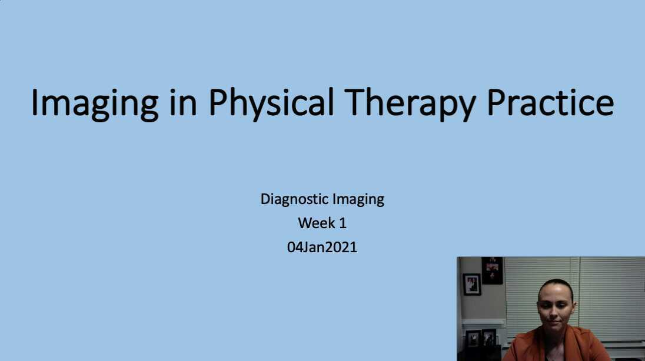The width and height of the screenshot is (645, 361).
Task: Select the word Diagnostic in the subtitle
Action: pos(294,199)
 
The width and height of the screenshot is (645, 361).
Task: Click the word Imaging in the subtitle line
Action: pos(358,199)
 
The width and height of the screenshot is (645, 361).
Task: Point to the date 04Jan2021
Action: pos(322,247)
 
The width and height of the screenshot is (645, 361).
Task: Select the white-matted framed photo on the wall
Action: pos(472,285)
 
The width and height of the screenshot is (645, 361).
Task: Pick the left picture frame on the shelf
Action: pos(473,337)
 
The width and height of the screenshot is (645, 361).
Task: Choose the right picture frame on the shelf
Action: pos(488,337)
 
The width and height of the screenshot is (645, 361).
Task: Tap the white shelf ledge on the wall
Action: pos(483,322)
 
